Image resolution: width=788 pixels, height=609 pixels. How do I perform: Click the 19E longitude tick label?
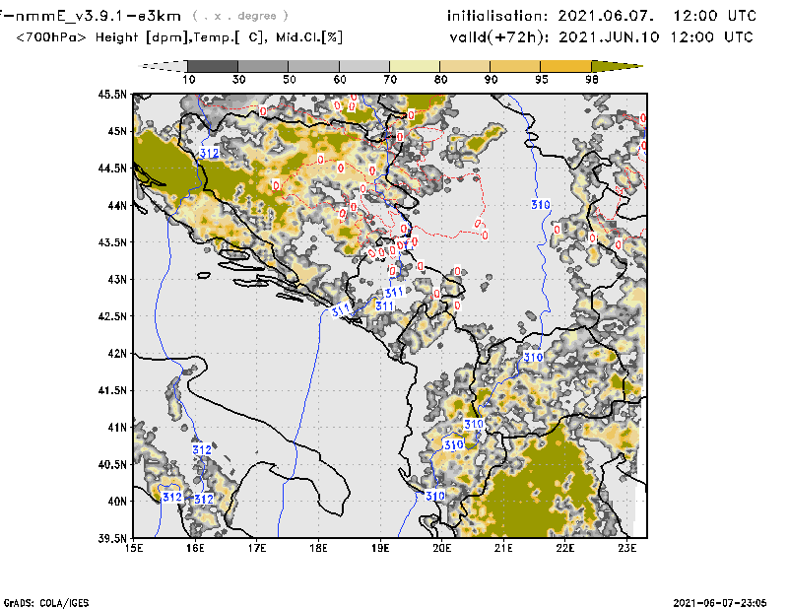point(381,547)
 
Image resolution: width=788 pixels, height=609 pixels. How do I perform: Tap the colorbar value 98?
point(593,79)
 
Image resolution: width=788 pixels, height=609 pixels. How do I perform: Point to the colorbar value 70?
point(391,79)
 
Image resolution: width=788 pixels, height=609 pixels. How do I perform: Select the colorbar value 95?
point(542,79)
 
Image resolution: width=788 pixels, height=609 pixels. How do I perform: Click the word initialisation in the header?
point(495,16)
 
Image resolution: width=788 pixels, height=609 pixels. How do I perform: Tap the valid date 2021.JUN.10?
point(608,37)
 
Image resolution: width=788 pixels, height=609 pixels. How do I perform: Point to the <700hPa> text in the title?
point(50,37)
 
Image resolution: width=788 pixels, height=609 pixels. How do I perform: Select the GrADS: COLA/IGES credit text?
point(40,601)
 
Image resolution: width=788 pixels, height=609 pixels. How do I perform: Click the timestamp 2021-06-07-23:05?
point(720,601)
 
